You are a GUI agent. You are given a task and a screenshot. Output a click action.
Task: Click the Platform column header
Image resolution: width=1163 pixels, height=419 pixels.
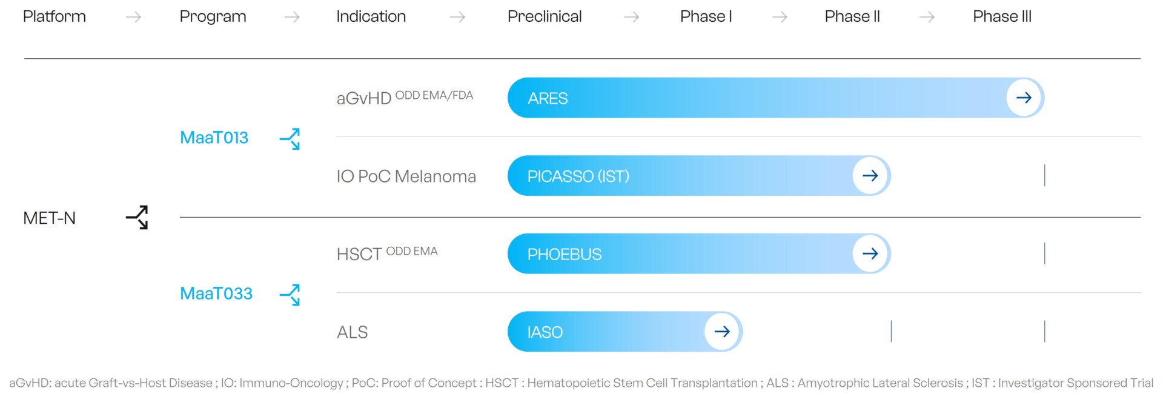tap(55, 16)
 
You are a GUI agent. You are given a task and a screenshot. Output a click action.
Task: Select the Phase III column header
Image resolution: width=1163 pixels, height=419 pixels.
tap(1002, 16)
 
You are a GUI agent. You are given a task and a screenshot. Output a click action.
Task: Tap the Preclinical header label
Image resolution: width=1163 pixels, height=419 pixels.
tap(545, 16)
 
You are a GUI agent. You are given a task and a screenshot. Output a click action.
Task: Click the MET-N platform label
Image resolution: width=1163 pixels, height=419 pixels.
tap(50, 218)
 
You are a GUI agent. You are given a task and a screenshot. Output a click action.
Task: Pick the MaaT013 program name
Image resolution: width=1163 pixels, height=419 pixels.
tap(214, 138)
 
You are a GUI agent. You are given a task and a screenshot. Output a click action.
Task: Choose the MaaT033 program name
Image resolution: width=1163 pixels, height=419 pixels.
tap(216, 293)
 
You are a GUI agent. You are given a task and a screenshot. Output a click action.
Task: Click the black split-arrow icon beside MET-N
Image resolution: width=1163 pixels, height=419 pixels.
tap(138, 217)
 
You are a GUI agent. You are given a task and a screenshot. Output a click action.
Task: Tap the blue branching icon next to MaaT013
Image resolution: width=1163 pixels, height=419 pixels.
tap(290, 139)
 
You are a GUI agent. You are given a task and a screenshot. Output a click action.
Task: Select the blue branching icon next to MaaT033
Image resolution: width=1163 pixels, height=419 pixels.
tap(290, 295)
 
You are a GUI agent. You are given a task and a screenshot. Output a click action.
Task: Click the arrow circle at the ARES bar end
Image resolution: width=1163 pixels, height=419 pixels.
tap(1024, 98)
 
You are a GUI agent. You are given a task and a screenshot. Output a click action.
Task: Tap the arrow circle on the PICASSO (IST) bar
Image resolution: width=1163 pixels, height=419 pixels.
tap(870, 176)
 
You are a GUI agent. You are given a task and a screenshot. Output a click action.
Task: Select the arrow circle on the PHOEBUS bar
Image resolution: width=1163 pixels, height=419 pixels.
tap(870, 253)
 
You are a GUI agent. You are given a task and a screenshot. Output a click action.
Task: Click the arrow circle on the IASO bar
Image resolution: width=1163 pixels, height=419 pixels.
tap(722, 332)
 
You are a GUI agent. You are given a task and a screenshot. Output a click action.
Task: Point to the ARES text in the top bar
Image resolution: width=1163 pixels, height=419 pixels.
tap(548, 98)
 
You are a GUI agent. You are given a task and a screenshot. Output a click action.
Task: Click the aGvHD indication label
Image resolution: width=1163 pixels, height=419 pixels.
tap(364, 98)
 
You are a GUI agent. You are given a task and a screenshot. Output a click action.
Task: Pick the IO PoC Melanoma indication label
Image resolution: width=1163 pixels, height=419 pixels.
tap(406, 176)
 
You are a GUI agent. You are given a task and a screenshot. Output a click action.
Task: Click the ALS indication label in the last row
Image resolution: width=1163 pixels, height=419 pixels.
tap(353, 332)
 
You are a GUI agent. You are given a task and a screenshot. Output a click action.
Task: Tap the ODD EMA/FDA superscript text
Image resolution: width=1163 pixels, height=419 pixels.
tap(434, 95)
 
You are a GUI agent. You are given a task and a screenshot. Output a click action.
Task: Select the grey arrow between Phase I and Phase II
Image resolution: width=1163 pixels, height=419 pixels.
tap(780, 17)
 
